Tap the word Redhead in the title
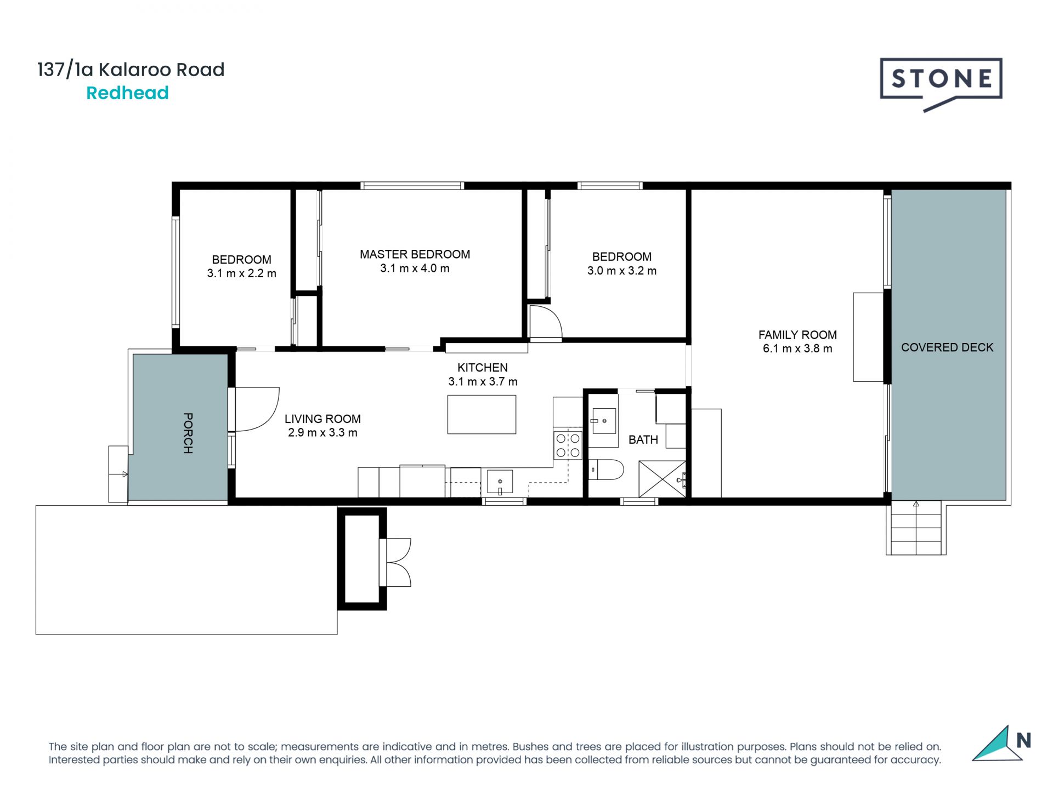tap(127, 93)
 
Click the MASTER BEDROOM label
tap(415, 254)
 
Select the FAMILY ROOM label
tap(797, 335)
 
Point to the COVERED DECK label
tap(947, 347)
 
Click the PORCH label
tap(188, 433)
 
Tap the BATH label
tap(643, 439)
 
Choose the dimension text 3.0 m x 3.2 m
tap(622, 271)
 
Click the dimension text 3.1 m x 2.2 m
tap(241, 273)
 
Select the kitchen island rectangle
tap(482, 415)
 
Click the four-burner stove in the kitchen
tap(568, 445)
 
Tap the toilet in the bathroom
tap(607, 470)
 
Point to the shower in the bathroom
tap(663, 479)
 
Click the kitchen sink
tap(500, 482)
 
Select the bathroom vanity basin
tap(604, 421)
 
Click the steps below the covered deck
tap(916, 528)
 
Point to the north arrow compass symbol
tap(1001, 743)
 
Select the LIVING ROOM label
tap(322, 419)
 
